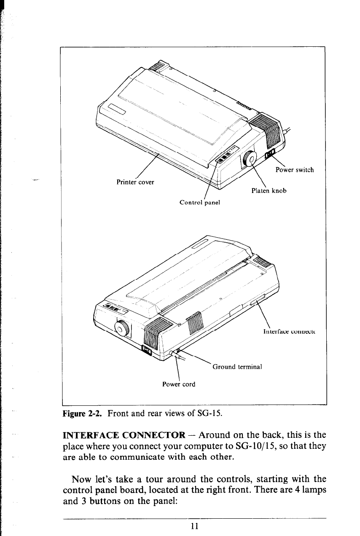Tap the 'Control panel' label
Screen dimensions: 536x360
pyautogui.click(x=200, y=202)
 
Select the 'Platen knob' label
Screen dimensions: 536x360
pyautogui.click(x=269, y=190)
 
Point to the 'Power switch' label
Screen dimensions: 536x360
pyautogui.click(x=294, y=170)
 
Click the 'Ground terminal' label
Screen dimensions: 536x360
pyautogui.click(x=237, y=367)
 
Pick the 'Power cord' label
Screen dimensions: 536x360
pyautogui.click(x=179, y=384)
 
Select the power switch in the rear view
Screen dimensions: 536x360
pyautogui.click(x=147, y=349)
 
